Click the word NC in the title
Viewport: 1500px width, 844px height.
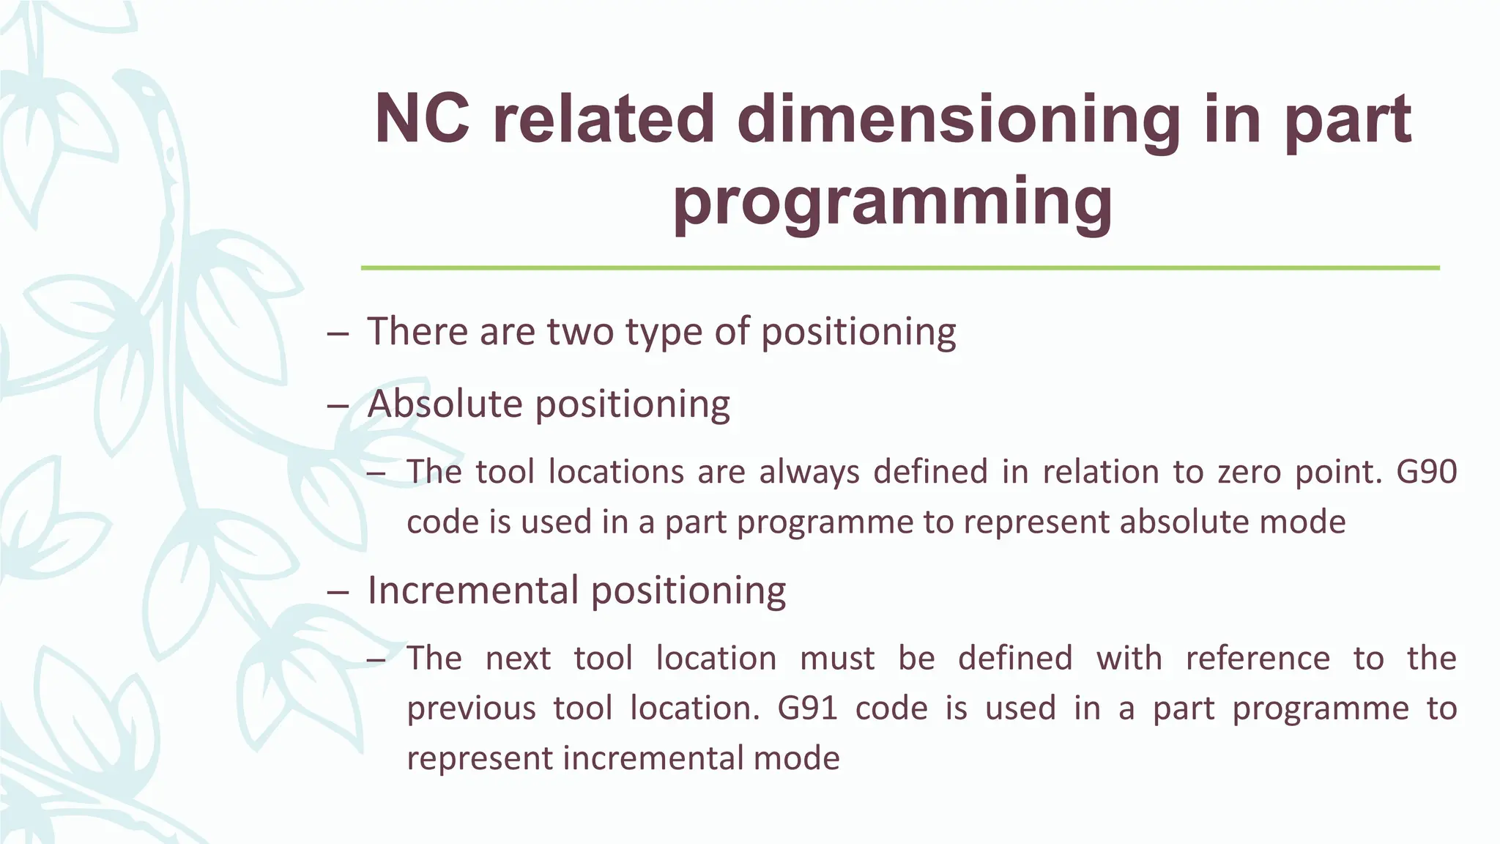click(421, 119)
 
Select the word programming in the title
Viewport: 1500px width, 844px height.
click(893, 201)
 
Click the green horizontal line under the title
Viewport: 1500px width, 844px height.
click(899, 268)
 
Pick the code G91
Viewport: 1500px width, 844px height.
click(807, 708)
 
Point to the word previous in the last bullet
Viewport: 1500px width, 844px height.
click(471, 708)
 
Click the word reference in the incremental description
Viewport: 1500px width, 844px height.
click(1257, 658)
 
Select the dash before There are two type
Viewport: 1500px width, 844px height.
click(338, 333)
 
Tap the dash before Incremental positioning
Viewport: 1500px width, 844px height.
click(338, 592)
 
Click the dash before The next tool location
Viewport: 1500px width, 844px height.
click(376, 659)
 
